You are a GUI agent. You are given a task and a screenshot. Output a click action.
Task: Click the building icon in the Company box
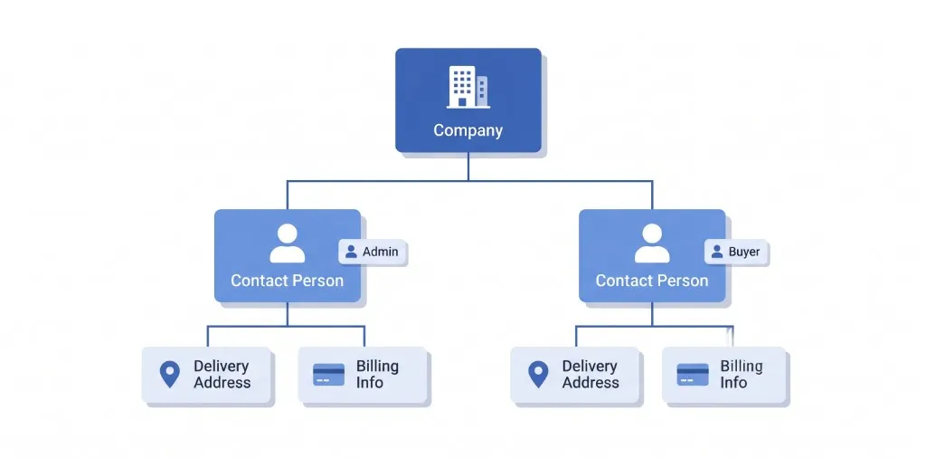point(468,87)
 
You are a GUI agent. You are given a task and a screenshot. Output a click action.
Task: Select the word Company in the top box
point(468,130)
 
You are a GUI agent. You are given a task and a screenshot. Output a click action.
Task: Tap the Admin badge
point(373,252)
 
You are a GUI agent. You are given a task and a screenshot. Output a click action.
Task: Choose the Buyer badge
point(736,252)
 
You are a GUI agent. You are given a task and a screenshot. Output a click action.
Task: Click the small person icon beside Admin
point(352,252)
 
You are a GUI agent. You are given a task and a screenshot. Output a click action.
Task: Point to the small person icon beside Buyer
point(717,252)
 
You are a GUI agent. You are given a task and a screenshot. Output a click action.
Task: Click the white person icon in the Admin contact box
point(288,243)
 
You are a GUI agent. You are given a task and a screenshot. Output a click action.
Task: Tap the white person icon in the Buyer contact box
point(652,243)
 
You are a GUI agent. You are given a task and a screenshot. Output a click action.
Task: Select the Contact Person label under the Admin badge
point(287,280)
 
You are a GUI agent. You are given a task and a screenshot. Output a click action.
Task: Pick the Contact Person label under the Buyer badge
point(652,280)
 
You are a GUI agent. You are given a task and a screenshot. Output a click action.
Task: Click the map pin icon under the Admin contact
point(169,375)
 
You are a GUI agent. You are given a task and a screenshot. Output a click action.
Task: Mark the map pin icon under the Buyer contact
point(538,375)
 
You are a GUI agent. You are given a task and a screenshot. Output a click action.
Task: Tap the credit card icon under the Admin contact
point(329,375)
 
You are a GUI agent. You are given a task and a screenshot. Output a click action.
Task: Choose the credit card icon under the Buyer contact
point(693,375)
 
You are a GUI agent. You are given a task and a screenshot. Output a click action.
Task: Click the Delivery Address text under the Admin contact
point(222,375)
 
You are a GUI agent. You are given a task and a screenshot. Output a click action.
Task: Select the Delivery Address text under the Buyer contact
point(591,375)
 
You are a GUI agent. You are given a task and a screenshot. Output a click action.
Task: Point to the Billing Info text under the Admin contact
point(377,375)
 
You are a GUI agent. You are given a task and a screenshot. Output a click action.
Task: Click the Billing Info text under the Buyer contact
point(742,375)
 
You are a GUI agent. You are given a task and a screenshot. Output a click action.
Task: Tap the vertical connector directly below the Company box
point(468,167)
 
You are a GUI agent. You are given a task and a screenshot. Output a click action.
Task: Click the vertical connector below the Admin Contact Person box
point(288,314)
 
